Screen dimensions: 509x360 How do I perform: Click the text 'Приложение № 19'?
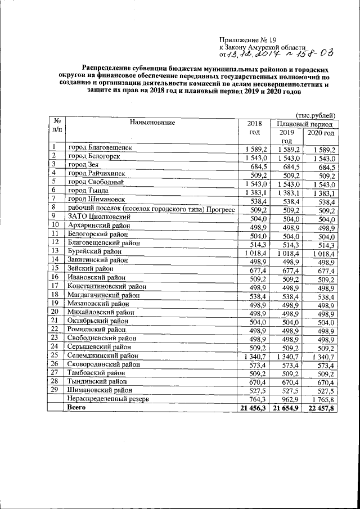point(248,40)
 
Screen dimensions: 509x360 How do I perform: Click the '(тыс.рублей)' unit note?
point(316,114)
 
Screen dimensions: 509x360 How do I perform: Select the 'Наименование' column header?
point(152,122)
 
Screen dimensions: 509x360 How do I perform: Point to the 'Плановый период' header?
point(304,124)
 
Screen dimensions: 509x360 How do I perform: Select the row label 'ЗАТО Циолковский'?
point(99,216)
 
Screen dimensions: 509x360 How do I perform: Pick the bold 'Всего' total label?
point(76,408)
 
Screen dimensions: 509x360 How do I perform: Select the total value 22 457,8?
point(319,408)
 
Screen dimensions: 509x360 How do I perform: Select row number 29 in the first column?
point(55,390)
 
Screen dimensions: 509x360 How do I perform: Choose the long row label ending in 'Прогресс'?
point(149,208)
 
